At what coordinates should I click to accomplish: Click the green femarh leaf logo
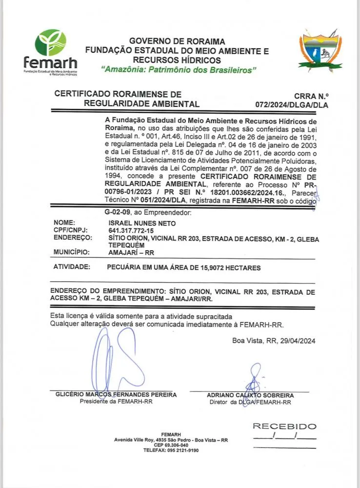pos(50,42)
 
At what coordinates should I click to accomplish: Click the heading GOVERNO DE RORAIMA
pos(177,41)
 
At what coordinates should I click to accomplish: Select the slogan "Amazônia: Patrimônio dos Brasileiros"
pos(179,70)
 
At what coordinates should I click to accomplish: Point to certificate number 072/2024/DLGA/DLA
pos(292,105)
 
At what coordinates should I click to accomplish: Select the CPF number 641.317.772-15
pos(131,230)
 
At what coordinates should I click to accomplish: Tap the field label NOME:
pos(64,223)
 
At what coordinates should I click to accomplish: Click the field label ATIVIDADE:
pos(72,267)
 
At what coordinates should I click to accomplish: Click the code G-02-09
pos(119,212)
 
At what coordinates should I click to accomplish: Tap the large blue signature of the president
pos(115,361)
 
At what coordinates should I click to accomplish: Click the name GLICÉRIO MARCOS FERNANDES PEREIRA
pos(116,395)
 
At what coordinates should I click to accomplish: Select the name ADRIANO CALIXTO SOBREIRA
pos(250,395)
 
